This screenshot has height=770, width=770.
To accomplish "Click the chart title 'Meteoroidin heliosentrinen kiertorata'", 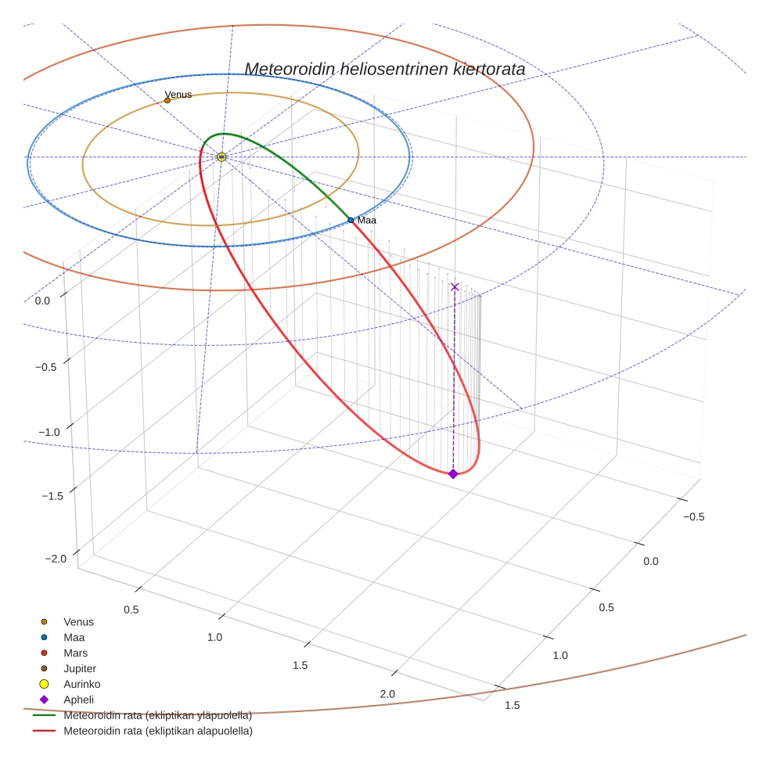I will point(384,69).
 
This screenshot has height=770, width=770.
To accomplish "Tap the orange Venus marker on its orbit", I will point(167,100).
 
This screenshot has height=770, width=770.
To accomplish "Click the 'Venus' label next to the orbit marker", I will point(178,95).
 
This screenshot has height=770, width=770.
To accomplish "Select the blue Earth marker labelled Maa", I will point(351,221).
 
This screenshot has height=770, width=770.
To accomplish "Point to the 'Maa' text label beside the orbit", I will point(367,221).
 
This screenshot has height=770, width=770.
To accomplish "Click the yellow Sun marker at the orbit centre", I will point(221,157).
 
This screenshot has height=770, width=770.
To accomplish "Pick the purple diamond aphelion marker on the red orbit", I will point(453,473).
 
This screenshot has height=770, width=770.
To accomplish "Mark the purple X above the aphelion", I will point(455,287).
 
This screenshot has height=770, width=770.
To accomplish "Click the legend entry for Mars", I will point(75,653).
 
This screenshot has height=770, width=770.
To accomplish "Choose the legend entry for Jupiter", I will point(80,668).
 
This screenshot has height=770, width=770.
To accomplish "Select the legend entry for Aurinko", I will point(81,684).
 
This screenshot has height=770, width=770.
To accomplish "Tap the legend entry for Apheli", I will point(78,700).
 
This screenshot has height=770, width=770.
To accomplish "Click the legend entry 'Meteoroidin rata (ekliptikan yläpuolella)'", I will point(157,715).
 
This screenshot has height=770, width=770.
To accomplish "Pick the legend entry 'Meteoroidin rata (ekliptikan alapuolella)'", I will point(157,731).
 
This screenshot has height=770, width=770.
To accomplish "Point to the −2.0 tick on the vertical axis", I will point(56,559).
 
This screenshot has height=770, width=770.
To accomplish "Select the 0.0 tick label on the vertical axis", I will point(42,301).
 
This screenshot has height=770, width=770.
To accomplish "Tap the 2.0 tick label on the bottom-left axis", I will point(387,694).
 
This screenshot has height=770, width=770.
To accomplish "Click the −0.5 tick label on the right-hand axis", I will point(693,516).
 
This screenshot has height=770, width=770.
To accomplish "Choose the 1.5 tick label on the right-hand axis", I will point(512,706).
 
